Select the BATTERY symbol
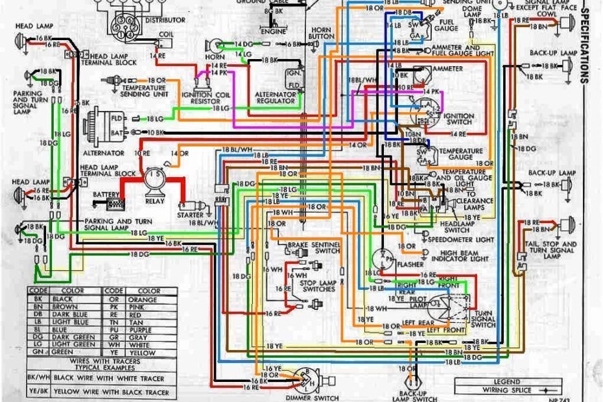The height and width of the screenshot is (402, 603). point(115,203)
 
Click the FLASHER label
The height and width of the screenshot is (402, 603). point(410,265)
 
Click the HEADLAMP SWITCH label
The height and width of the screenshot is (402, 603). point(456,226)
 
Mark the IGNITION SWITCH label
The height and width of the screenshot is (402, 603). point(458,119)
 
